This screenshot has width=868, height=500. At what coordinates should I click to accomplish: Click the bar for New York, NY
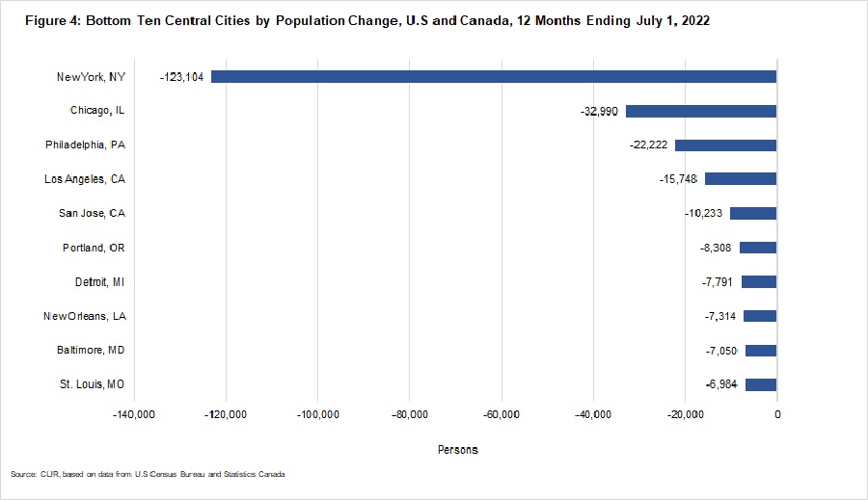click(494, 76)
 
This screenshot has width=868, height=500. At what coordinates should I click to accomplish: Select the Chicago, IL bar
click(701, 111)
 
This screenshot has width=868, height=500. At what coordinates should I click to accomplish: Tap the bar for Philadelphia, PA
click(725, 145)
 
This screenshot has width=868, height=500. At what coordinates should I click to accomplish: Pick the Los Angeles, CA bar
click(741, 179)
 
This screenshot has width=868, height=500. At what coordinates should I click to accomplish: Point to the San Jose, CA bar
click(753, 213)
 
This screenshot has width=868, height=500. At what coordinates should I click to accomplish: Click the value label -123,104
click(181, 76)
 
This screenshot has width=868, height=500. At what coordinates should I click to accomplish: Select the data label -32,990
click(600, 111)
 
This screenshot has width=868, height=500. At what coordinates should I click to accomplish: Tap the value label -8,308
click(719, 248)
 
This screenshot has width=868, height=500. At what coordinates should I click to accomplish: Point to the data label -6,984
click(723, 384)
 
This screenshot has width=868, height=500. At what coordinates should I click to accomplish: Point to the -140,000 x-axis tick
click(134, 414)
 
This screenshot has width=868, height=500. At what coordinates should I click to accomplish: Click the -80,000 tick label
click(410, 414)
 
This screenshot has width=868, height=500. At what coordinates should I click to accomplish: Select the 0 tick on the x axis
click(776, 414)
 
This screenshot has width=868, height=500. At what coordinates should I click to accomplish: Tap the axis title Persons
click(457, 450)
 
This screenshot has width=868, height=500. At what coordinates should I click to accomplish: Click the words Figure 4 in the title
click(36, 20)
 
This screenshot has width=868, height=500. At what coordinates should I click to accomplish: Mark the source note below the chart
click(149, 475)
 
